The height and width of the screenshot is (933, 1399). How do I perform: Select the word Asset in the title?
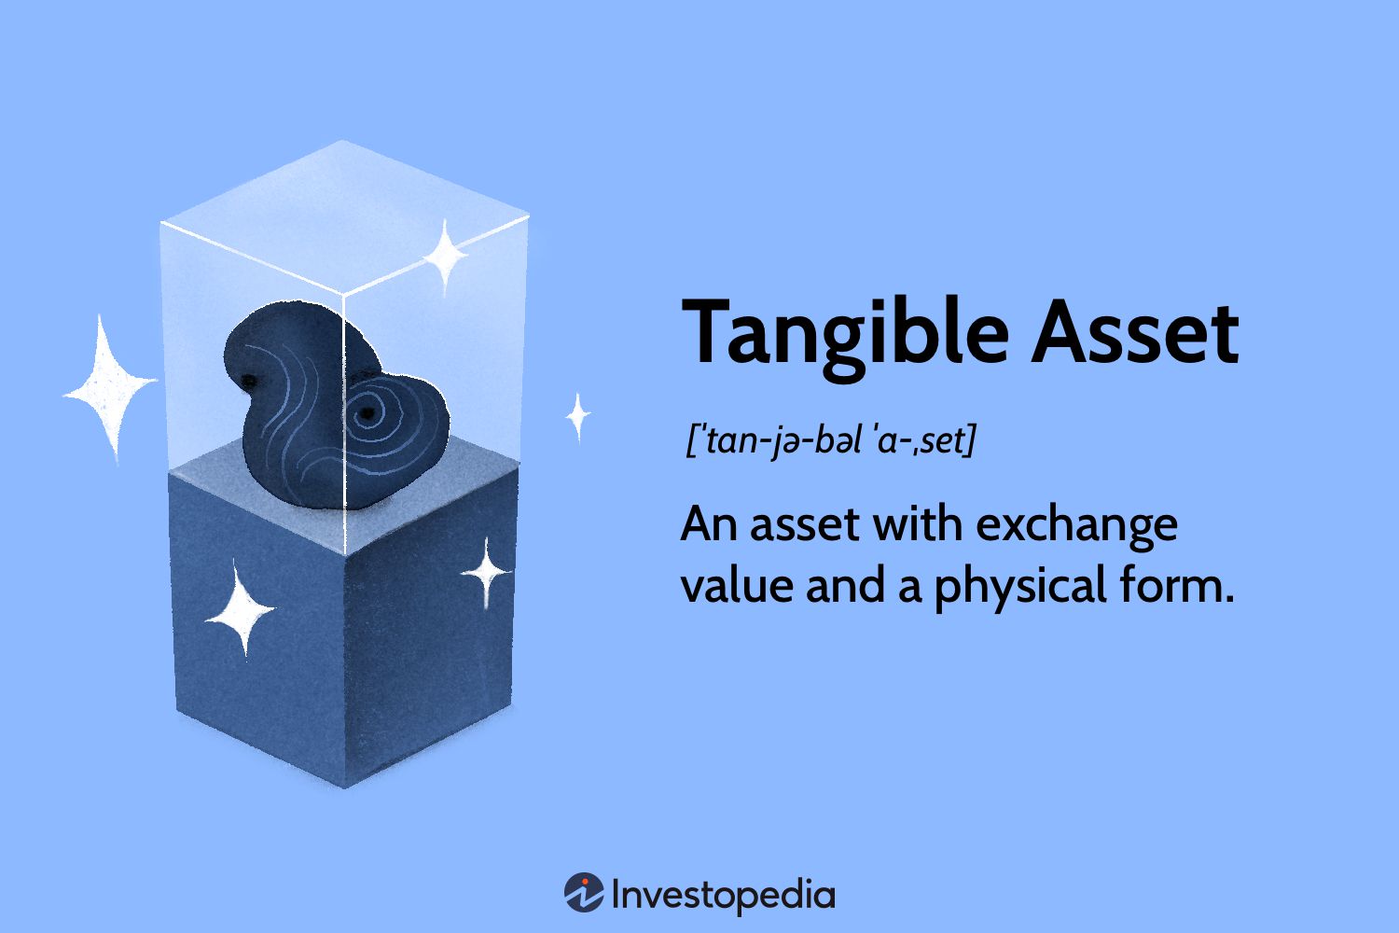[1135, 332]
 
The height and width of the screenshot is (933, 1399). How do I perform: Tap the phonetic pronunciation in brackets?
[830, 439]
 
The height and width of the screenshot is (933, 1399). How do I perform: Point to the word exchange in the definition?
[1076, 525]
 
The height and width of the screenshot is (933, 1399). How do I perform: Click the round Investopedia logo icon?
[584, 893]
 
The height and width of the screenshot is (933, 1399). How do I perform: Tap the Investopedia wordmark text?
[723, 895]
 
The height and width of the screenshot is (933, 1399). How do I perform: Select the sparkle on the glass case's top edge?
[445, 254]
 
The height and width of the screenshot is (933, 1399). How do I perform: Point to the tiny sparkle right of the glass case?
[578, 416]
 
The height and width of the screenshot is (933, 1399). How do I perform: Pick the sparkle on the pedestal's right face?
[486, 572]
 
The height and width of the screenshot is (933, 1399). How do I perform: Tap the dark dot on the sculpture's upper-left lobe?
[250, 378]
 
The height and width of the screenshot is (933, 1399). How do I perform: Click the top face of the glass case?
[344, 215]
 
